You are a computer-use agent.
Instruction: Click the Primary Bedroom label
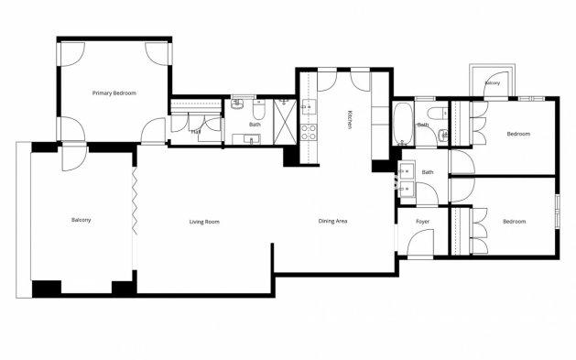point(114,93)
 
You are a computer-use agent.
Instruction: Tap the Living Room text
point(204,222)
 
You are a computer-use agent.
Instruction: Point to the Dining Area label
point(332,222)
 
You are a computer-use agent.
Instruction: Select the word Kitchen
point(349,119)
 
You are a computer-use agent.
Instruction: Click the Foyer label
point(422,222)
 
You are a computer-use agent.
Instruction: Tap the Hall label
point(196,131)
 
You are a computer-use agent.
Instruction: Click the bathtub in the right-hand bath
point(404,124)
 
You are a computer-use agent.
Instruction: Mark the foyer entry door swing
point(421,244)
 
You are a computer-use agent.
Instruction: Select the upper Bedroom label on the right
point(518,135)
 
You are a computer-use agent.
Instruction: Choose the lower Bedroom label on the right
point(514,222)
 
